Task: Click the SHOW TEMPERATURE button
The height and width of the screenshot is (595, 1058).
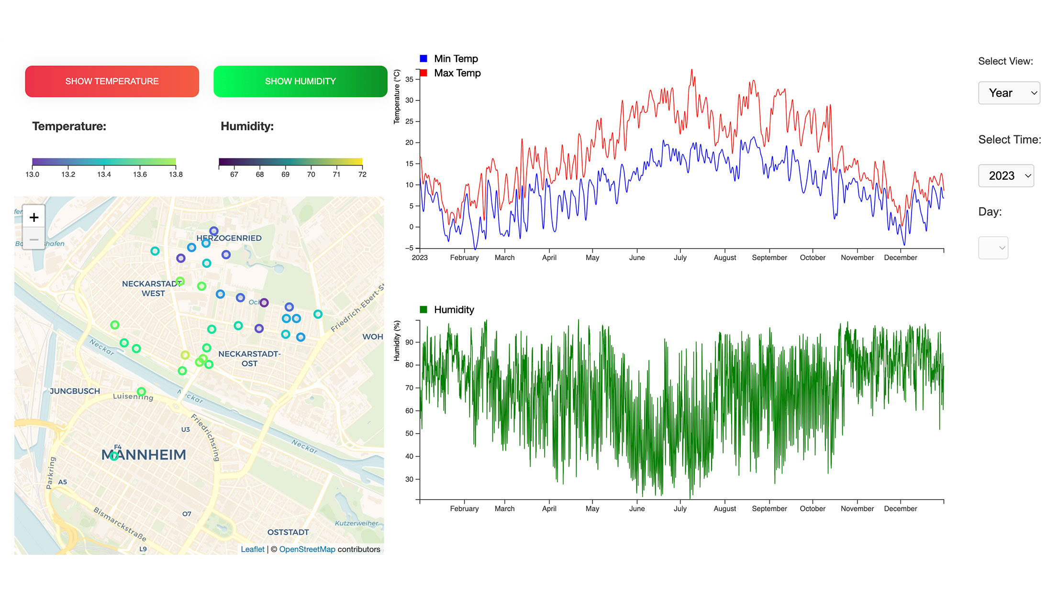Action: point(112,81)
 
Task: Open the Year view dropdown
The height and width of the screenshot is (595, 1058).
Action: point(1009,93)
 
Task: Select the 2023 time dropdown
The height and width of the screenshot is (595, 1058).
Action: point(1006,176)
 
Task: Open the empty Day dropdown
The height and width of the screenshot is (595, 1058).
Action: point(993,248)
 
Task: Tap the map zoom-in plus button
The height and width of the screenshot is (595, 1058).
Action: point(34,217)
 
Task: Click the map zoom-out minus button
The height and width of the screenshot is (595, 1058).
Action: point(34,239)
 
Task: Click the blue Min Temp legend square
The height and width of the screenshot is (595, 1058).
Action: point(423,59)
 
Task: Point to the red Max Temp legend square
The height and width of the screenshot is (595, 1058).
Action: point(423,73)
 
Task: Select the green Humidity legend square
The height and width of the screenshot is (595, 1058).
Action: point(423,309)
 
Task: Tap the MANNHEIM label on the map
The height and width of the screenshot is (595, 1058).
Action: point(144,454)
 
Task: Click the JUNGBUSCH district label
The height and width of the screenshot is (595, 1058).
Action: point(75,391)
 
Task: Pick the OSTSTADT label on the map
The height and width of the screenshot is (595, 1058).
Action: point(288,532)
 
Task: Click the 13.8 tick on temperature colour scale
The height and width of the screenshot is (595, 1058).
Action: point(176,175)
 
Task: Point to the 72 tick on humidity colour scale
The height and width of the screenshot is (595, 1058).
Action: point(362,175)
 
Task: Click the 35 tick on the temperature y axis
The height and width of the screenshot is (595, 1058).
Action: point(410,79)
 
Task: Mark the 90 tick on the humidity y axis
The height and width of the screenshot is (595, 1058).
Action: point(410,342)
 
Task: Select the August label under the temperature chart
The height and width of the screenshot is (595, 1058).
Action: point(724,258)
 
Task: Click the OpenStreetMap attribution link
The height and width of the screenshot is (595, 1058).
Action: point(307,549)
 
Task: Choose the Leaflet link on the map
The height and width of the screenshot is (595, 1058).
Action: point(252,549)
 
